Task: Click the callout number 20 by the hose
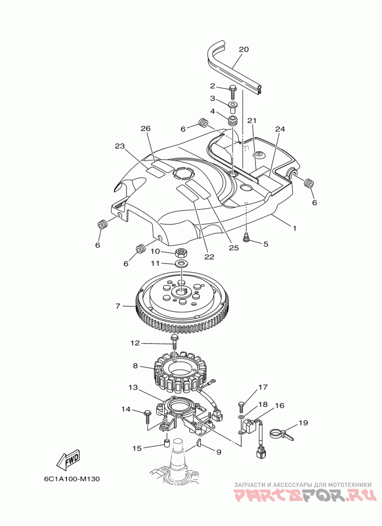pyautogui.click(x=244, y=50)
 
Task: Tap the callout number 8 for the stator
pyautogui.click(x=135, y=365)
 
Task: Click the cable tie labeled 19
pyautogui.click(x=281, y=435)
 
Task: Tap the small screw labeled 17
pyautogui.click(x=241, y=407)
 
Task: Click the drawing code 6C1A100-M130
pyautogui.click(x=72, y=479)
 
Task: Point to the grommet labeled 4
pyautogui.click(x=233, y=121)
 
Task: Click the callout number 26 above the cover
pyautogui.click(x=146, y=129)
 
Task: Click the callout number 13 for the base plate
pyautogui.click(x=133, y=387)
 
